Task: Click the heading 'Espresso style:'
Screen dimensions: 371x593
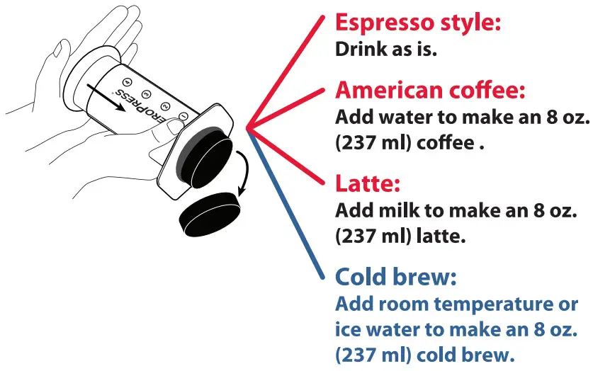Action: pos(418,23)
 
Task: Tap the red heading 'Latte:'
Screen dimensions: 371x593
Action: pos(368,184)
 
